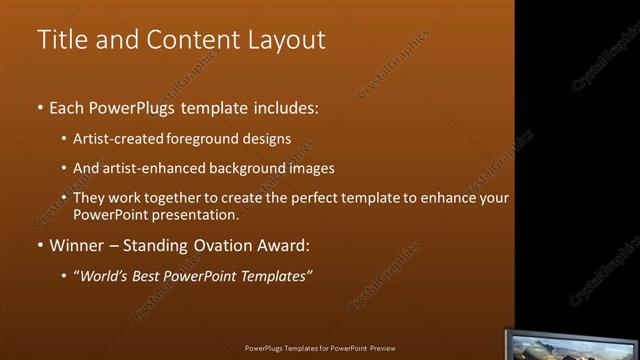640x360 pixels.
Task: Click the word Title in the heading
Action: tap(58, 40)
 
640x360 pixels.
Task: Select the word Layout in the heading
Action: tap(284, 40)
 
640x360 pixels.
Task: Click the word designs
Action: tap(270, 138)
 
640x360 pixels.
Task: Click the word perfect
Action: tap(298, 198)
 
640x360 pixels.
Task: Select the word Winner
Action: tap(77, 245)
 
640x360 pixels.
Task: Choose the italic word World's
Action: tap(108, 276)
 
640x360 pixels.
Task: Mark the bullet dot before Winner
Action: tap(39, 246)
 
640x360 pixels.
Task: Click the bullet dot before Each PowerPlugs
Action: tap(39, 107)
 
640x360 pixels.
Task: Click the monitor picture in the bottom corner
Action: tap(571, 344)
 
